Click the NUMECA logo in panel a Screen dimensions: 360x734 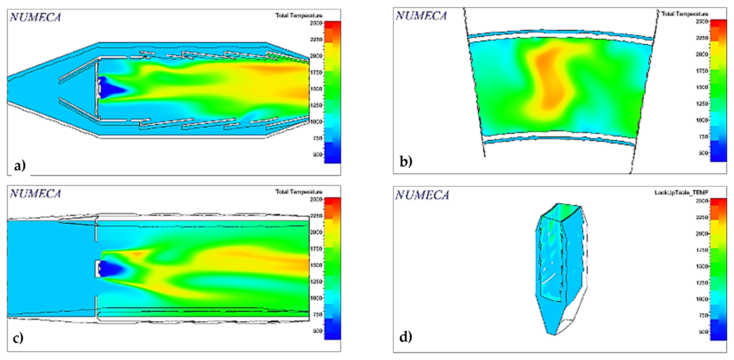point(35,17)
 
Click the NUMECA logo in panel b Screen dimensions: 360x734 point(421,16)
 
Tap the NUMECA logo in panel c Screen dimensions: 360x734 point(35,194)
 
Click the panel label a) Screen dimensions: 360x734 point(20,166)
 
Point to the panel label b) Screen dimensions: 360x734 point(406,162)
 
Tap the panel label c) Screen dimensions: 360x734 point(18,338)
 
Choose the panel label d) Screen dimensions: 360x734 point(405,337)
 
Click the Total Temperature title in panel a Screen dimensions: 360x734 point(299,15)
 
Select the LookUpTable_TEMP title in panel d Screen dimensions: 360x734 point(681,193)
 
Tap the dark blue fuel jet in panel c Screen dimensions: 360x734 point(110,268)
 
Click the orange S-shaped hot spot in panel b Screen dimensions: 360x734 point(548,80)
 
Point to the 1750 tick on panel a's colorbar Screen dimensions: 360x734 point(316,72)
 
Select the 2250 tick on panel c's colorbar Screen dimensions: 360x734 point(316,216)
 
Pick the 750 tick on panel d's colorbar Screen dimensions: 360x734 point(702,315)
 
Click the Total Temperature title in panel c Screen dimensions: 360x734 point(299,192)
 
